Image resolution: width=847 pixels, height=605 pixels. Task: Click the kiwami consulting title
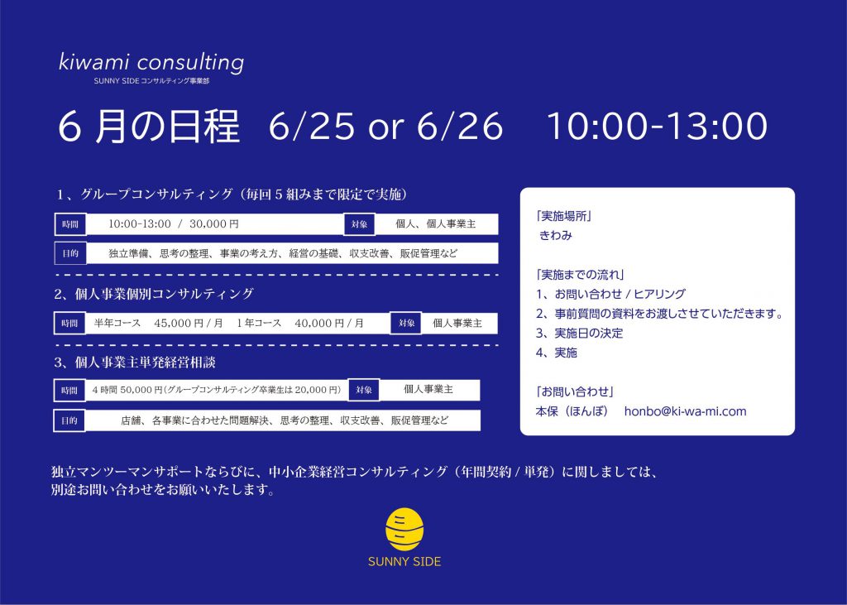[x=151, y=62]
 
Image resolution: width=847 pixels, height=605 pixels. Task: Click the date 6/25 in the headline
[x=312, y=126]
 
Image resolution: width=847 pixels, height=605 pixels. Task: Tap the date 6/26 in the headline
[x=460, y=126]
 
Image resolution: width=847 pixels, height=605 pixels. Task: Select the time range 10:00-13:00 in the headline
[x=658, y=126]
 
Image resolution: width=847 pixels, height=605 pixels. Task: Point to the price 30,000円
[x=214, y=223]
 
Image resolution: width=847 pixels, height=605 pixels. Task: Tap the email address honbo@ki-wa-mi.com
[x=686, y=411]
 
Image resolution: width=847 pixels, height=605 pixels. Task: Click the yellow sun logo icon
[x=404, y=530]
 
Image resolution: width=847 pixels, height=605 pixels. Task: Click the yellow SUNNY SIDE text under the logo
[x=404, y=562]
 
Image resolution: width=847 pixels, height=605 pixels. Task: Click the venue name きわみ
[x=556, y=235]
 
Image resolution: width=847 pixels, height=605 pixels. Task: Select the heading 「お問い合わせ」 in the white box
[x=575, y=391]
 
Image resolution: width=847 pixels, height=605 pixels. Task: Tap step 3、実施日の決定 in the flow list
[x=579, y=333]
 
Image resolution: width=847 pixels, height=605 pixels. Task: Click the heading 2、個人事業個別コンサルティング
[x=153, y=294]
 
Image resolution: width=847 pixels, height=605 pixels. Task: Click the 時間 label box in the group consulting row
[x=71, y=224]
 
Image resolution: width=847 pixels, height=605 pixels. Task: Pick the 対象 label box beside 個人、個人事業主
[x=360, y=224]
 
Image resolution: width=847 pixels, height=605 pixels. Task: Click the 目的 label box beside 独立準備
[x=71, y=253]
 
